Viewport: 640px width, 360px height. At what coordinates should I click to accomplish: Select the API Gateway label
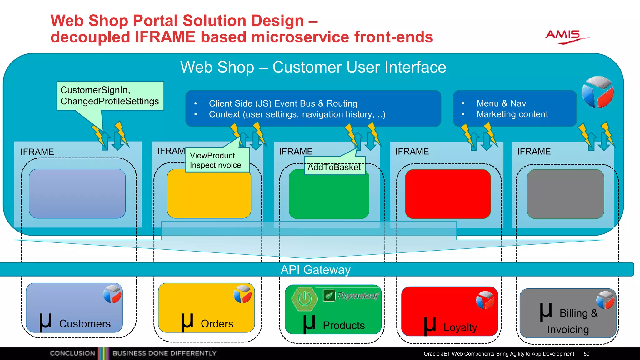316,270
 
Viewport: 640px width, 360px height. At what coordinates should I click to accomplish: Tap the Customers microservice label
85,324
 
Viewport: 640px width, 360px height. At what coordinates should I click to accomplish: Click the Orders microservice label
217,324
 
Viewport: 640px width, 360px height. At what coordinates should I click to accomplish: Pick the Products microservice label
343,326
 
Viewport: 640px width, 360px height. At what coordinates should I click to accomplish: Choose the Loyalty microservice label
460,327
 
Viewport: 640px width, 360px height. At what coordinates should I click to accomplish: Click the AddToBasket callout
334,167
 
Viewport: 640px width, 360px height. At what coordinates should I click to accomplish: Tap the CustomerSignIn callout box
110,96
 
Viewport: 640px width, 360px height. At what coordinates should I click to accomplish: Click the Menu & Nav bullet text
501,103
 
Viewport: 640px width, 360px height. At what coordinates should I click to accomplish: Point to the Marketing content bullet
512,114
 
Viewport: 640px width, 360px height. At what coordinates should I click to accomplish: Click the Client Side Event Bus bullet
283,103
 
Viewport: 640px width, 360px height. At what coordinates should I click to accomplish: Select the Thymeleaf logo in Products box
352,295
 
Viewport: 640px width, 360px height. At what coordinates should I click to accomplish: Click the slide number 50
586,354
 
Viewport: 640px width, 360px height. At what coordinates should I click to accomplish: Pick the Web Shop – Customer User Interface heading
313,67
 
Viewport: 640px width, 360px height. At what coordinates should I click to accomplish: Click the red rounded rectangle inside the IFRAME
447,194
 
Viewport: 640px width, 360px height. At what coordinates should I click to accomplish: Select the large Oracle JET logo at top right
597,92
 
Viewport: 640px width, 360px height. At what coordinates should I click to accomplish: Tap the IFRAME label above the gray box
534,152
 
